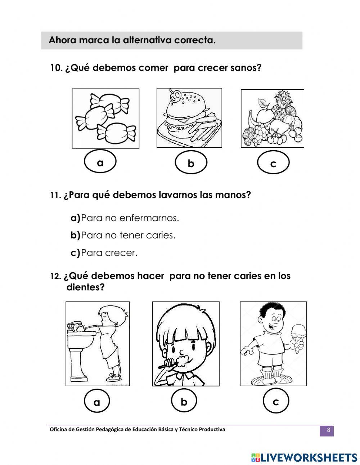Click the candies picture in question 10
(x=105, y=118)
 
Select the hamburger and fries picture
(x=189, y=118)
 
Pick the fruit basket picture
(x=272, y=119)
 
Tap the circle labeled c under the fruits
(x=273, y=163)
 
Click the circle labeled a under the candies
(x=100, y=162)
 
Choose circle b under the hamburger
(x=191, y=163)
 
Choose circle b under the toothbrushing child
(x=184, y=401)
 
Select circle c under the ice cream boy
(x=276, y=401)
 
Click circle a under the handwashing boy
(x=96, y=402)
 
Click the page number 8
(x=328, y=430)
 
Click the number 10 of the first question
(x=56, y=68)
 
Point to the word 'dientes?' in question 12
(x=85, y=287)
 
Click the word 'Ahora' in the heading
(x=62, y=40)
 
